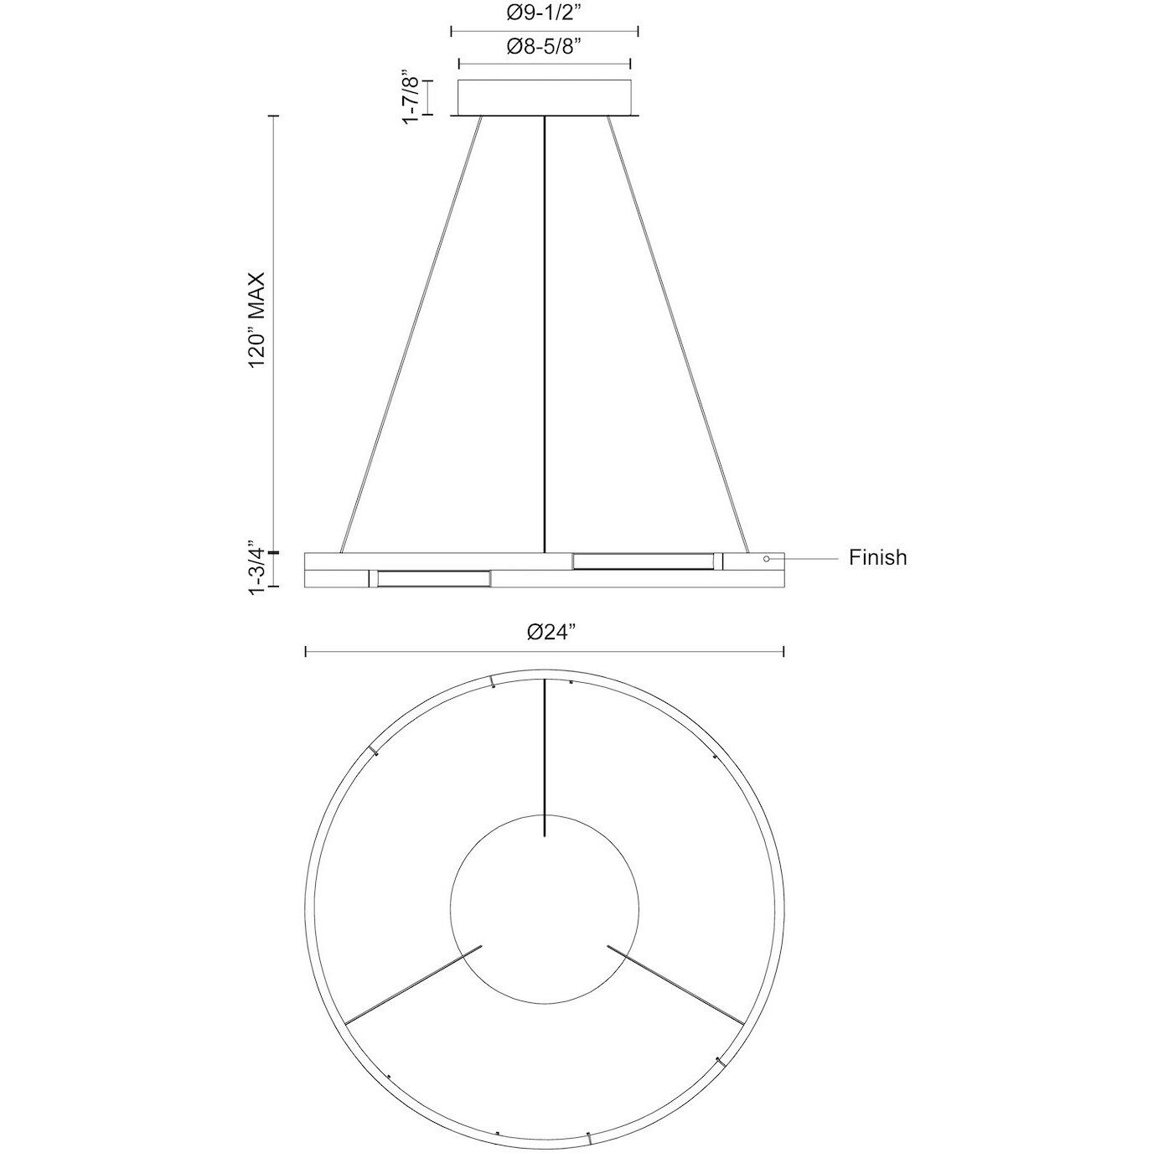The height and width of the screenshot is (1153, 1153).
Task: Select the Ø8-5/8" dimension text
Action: pos(545,48)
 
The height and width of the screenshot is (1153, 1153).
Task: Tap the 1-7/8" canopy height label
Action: pos(410,96)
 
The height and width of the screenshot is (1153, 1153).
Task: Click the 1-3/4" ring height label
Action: pos(257,572)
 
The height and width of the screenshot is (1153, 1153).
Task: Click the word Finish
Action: pos(877,557)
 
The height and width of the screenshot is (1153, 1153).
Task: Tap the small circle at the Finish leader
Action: pos(766,558)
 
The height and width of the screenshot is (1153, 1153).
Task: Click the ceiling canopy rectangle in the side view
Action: pos(545,96)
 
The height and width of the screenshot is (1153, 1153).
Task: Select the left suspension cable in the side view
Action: pos(411,335)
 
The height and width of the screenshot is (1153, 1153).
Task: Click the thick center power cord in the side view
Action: pos(545,335)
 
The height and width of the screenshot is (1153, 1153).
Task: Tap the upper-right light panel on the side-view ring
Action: pos(644,561)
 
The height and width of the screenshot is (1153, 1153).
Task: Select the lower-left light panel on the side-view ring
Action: pos(433,578)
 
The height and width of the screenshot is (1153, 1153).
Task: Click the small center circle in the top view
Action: pos(545,905)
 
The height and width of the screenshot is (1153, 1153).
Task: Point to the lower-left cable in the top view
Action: pos(414,985)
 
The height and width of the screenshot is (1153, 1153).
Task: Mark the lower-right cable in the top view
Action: pos(675,985)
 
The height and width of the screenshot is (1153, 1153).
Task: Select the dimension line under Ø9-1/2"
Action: pos(545,31)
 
